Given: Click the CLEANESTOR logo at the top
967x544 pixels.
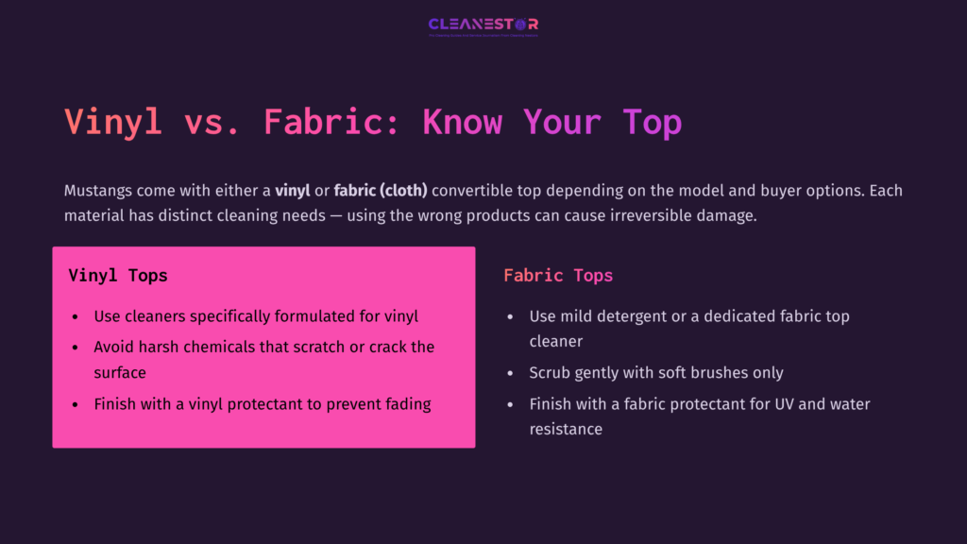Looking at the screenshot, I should point(483,25).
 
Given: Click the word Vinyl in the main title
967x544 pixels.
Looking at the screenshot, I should point(112,122).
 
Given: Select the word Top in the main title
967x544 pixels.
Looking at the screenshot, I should point(652,122).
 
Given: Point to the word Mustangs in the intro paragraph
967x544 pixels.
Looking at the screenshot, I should point(100,191).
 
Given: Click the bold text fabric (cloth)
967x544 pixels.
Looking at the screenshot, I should point(381,191).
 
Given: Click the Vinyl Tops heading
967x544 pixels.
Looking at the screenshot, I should point(118,276).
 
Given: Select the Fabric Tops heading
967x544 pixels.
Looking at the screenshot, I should point(558,276).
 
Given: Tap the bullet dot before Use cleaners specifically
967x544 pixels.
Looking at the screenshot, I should point(76,317).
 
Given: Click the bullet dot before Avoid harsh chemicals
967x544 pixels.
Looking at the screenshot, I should point(76,347).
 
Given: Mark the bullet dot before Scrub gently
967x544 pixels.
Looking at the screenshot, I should point(511,373).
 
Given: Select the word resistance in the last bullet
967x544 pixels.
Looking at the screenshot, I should point(566,429).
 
